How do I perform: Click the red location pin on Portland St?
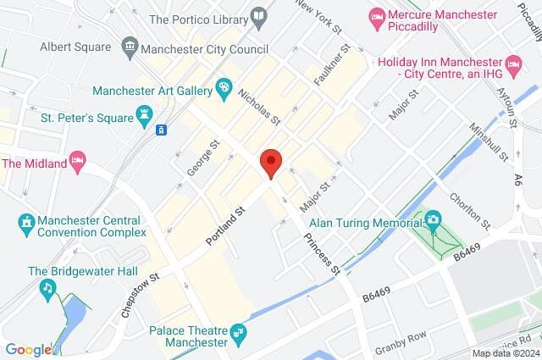(270, 162)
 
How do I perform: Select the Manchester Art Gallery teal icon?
(224, 86)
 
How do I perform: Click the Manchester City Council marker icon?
(130, 45)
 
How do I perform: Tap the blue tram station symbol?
(161, 130)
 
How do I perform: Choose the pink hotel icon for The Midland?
(78, 161)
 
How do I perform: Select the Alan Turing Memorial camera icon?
(434, 220)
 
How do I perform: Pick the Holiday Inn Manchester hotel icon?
(512, 63)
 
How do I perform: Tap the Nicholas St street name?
(258, 106)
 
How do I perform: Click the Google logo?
(28, 350)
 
